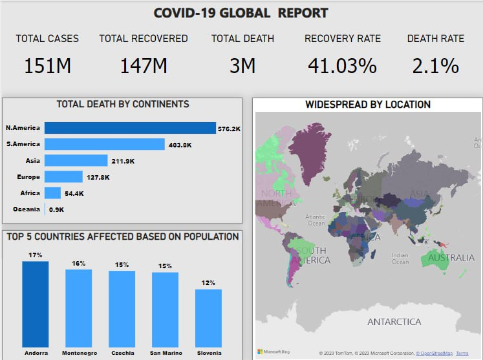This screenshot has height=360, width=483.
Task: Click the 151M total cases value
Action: point(47,66)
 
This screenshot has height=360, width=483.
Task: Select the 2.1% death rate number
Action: point(435,66)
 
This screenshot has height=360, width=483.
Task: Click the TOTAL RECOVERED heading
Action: point(144,39)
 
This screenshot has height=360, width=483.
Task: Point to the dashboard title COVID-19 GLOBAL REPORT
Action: point(241,13)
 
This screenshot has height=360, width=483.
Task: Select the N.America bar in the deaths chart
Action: point(130,128)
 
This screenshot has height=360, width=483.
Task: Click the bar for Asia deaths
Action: point(76,160)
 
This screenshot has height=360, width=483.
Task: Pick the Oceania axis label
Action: point(27,209)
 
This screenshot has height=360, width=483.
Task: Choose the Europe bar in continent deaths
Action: point(63,176)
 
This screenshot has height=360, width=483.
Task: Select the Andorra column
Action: point(36,304)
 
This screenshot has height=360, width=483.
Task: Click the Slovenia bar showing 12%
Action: point(208,318)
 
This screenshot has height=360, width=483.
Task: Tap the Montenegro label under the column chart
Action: point(79,354)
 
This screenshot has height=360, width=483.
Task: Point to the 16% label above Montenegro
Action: point(79,264)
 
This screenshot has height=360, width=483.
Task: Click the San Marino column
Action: point(165,310)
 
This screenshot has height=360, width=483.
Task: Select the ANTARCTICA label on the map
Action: point(394,322)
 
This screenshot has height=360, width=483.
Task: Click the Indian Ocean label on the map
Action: point(400,258)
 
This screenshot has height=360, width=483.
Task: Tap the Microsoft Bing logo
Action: point(272,352)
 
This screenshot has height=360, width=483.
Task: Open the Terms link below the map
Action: point(462,353)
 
